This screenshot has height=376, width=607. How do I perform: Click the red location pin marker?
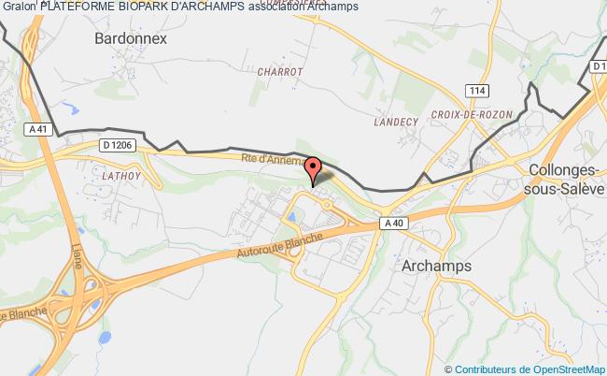coord(314,169)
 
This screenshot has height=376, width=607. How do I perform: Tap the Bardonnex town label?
coord(131,39)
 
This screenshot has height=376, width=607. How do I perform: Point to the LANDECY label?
coord(395,121)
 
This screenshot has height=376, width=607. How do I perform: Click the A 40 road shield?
coord(392,223)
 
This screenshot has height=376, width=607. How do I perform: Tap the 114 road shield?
coord(478,89)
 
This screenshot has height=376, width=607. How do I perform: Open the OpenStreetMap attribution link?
coord(557,369)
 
